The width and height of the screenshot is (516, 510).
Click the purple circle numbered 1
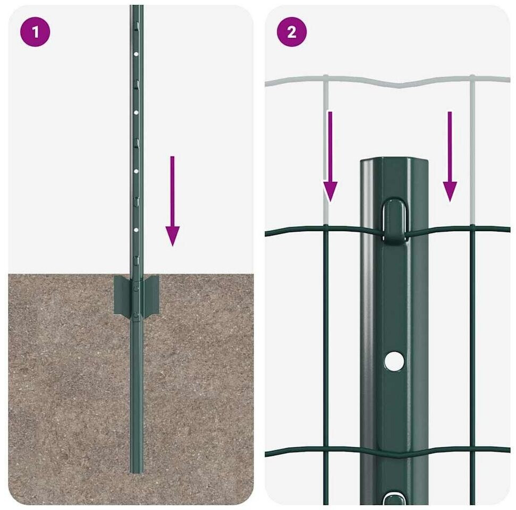tap(35, 32)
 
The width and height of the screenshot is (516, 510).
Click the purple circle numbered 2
tap(292, 32)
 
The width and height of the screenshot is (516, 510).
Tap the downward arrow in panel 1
tap(172, 201)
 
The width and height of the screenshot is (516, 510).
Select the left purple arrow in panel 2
tap(330, 156)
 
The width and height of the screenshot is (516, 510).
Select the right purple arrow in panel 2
tap(450, 156)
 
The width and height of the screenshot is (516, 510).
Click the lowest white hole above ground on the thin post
tap(136, 229)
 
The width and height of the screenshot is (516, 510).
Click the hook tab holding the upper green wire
tap(394, 221)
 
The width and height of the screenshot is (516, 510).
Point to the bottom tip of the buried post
tap(136, 473)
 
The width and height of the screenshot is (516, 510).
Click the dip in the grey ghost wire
tap(399, 86)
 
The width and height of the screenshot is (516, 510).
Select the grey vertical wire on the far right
tap(472, 150)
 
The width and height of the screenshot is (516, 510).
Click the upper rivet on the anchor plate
tap(136, 288)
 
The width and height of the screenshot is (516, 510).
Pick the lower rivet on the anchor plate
tap(136, 316)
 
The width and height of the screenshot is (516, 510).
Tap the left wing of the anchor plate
tap(122, 295)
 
